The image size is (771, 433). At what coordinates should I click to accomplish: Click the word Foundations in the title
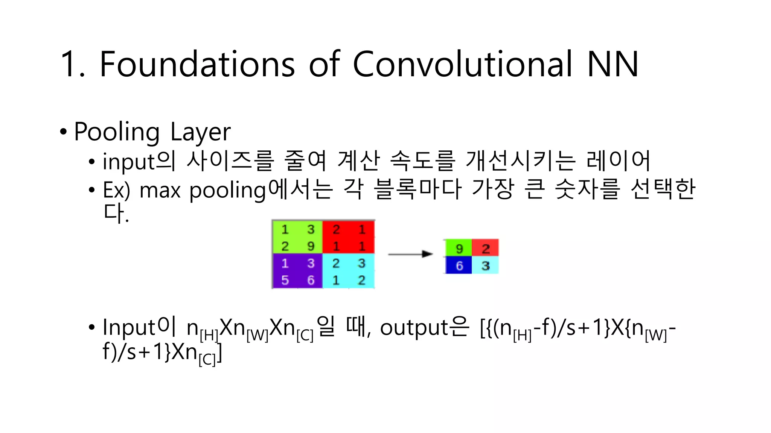(197, 64)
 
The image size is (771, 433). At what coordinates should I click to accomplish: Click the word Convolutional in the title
(462, 64)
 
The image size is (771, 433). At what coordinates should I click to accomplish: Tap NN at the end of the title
(613, 64)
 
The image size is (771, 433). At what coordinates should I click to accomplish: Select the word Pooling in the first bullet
(117, 132)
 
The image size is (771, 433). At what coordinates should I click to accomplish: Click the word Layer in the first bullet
(200, 132)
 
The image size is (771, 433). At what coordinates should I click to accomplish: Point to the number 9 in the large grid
(311, 246)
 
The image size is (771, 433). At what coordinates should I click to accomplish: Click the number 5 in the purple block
(285, 280)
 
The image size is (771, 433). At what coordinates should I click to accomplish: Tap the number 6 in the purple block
(311, 280)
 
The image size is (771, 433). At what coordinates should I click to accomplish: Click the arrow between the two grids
(410, 254)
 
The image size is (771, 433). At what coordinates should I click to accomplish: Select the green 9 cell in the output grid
(459, 248)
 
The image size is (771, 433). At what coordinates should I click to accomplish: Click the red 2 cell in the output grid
(486, 248)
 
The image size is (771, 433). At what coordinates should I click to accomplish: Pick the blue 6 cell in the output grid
(459, 266)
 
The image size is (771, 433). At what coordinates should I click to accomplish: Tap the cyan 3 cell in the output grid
(486, 266)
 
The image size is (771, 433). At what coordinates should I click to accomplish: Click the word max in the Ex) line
(160, 191)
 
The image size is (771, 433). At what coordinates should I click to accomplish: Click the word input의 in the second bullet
(139, 162)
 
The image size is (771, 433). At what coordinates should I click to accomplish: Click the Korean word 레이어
(618, 161)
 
